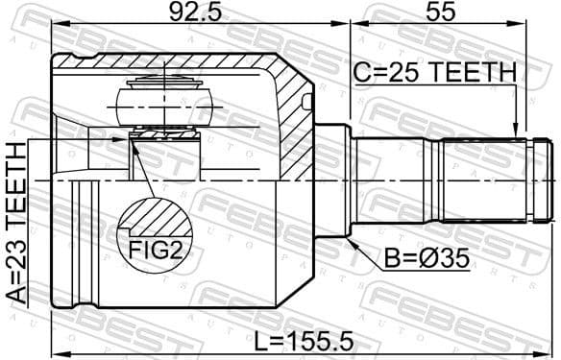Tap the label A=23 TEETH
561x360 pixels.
tap(15, 223)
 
